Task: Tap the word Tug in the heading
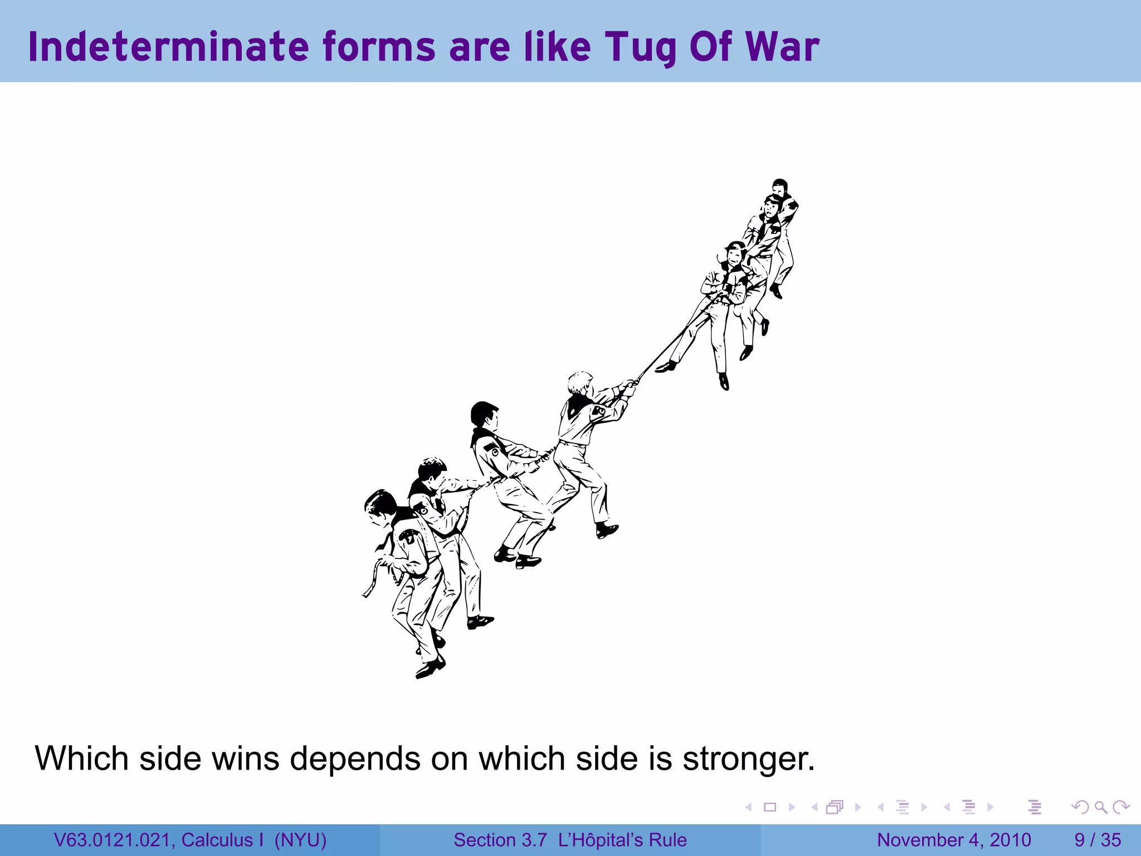pyautogui.click(x=641, y=48)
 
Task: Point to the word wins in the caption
pyautogui.click(x=245, y=759)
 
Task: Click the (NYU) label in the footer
pyautogui.click(x=300, y=840)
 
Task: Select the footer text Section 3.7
pyautogui.click(x=500, y=840)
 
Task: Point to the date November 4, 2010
pyautogui.click(x=954, y=840)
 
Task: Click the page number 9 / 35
pyautogui.click(x=1097, y=840)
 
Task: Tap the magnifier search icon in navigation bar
pyautogui.click(x=1100, y=807)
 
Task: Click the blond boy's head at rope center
pyautogui.click(x=580, y=383)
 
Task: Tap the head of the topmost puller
pyautogui.click(x=780, y=187)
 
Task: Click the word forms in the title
pyautogui.click(x=378, y=47)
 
